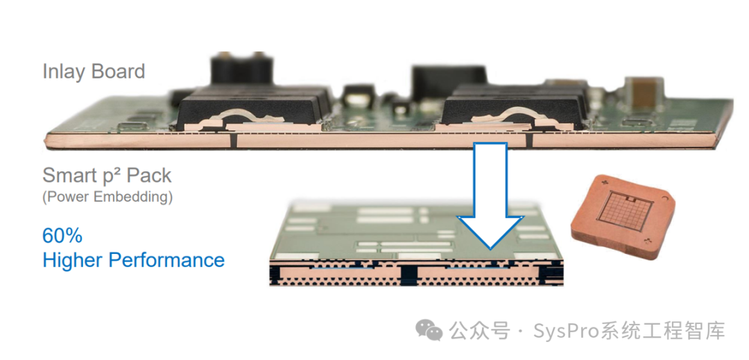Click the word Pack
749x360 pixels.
point(151,175)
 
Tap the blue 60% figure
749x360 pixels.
point(62,236)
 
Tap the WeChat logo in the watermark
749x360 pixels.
point(429,330)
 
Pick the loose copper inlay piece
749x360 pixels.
point(623,216)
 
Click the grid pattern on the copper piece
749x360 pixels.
point(624,211)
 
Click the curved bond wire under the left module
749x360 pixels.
point(242,114)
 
